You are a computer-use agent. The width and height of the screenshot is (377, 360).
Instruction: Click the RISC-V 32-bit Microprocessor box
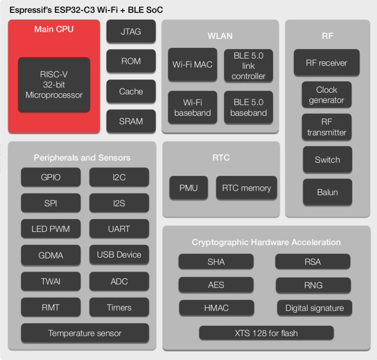(x=54, y=84)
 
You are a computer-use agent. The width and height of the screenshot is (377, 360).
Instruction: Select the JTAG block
(x=131, y=31)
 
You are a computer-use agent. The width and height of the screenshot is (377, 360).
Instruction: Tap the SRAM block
(x=131, y=121)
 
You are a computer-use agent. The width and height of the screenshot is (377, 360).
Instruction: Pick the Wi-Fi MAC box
(x=192, y=65)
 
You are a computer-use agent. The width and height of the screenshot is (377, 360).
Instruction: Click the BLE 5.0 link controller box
(x=248, y=66)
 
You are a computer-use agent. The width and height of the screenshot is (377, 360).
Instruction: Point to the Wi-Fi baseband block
(x=192, y=107)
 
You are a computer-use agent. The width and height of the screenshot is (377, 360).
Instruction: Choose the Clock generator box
(x=326, y=95)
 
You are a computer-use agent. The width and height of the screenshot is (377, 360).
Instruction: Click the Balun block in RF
(x=327, y=192)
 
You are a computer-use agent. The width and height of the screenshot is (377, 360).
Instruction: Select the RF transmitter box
(x=326, y=127)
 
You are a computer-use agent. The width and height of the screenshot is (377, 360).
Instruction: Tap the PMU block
(x=188, y=188)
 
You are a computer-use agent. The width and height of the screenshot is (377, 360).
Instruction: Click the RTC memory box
(x=246, y=188)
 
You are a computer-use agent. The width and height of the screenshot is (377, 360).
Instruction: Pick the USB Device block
(x=119, y=255)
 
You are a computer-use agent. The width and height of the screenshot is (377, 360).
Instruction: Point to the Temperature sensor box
(x=85, y=333)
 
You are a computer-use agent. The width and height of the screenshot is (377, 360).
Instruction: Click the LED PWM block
(x=51, y=229)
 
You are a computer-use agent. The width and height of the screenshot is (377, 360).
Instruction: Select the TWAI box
(x=51, y=282)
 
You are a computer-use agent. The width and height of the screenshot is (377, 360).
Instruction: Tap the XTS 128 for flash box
(x=266, y=333)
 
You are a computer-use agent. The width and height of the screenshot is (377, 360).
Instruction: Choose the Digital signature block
(x=314, y=308)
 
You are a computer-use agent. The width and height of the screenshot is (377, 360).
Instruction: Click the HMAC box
(x=216, y=308)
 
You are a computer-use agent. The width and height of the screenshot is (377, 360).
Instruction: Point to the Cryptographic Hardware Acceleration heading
(x=266, y=242)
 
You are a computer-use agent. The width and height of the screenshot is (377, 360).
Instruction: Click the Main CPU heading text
(x=54, y=30)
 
